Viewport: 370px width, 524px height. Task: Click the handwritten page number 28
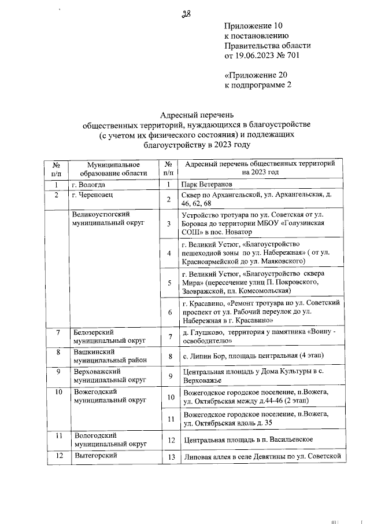pos(186,14)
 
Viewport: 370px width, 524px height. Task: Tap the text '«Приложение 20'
pos(255,75)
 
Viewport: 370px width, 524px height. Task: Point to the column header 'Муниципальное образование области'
pos(110,168)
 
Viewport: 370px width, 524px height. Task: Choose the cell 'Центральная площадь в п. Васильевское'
pos(247,439)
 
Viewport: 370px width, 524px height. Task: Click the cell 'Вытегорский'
pos(95,455)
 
